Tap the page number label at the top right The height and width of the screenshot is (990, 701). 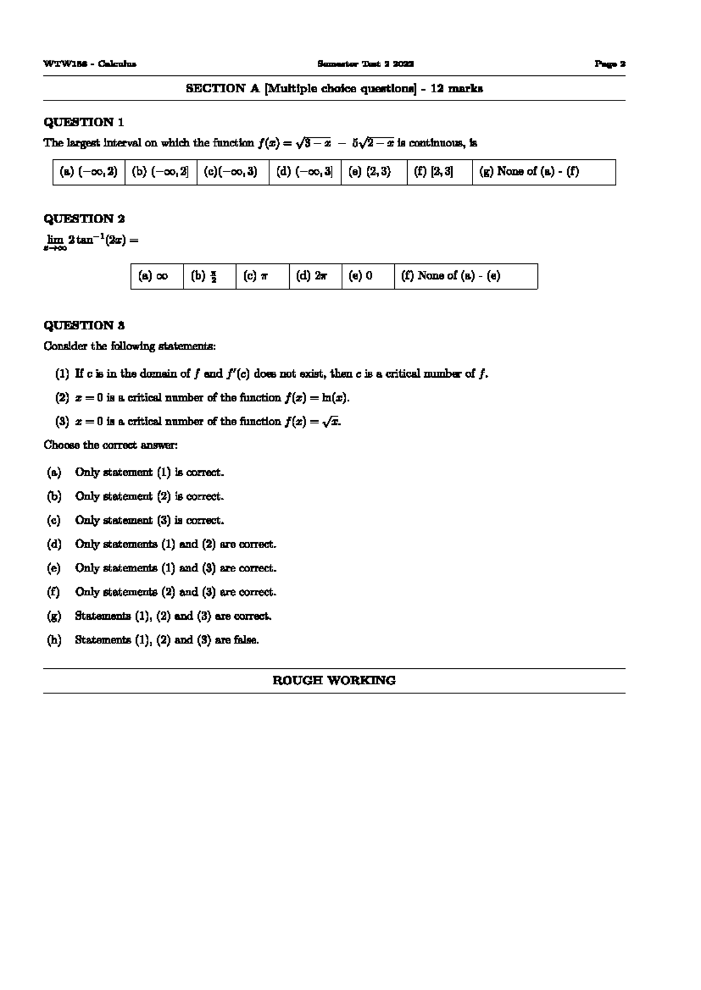(610, 64)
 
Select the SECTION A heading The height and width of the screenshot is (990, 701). (334, 89)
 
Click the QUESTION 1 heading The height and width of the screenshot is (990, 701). (84, 123)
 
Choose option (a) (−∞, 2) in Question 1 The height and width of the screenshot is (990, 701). (89, 172)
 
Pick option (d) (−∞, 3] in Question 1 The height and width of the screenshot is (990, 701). (305, 172)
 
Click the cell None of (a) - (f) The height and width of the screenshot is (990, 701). (529, 172)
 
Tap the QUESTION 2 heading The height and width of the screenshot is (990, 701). (84, 219)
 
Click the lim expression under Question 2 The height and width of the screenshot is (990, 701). (91, 241)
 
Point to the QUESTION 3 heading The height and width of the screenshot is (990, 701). (84, 326)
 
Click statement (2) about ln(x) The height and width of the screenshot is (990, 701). (202, 398)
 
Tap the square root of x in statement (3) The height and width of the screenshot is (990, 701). (331, 422)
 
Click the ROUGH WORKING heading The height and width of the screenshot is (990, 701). (334, 681)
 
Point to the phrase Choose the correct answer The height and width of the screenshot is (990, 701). (110, 445)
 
